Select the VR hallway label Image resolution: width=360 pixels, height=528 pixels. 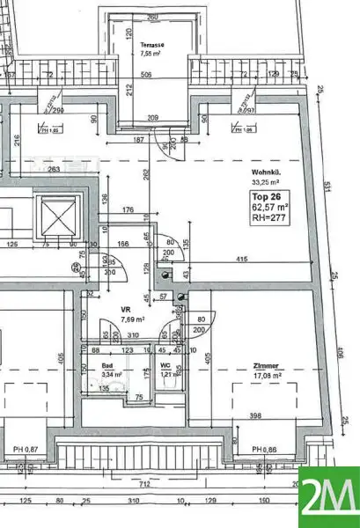point(127,311)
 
